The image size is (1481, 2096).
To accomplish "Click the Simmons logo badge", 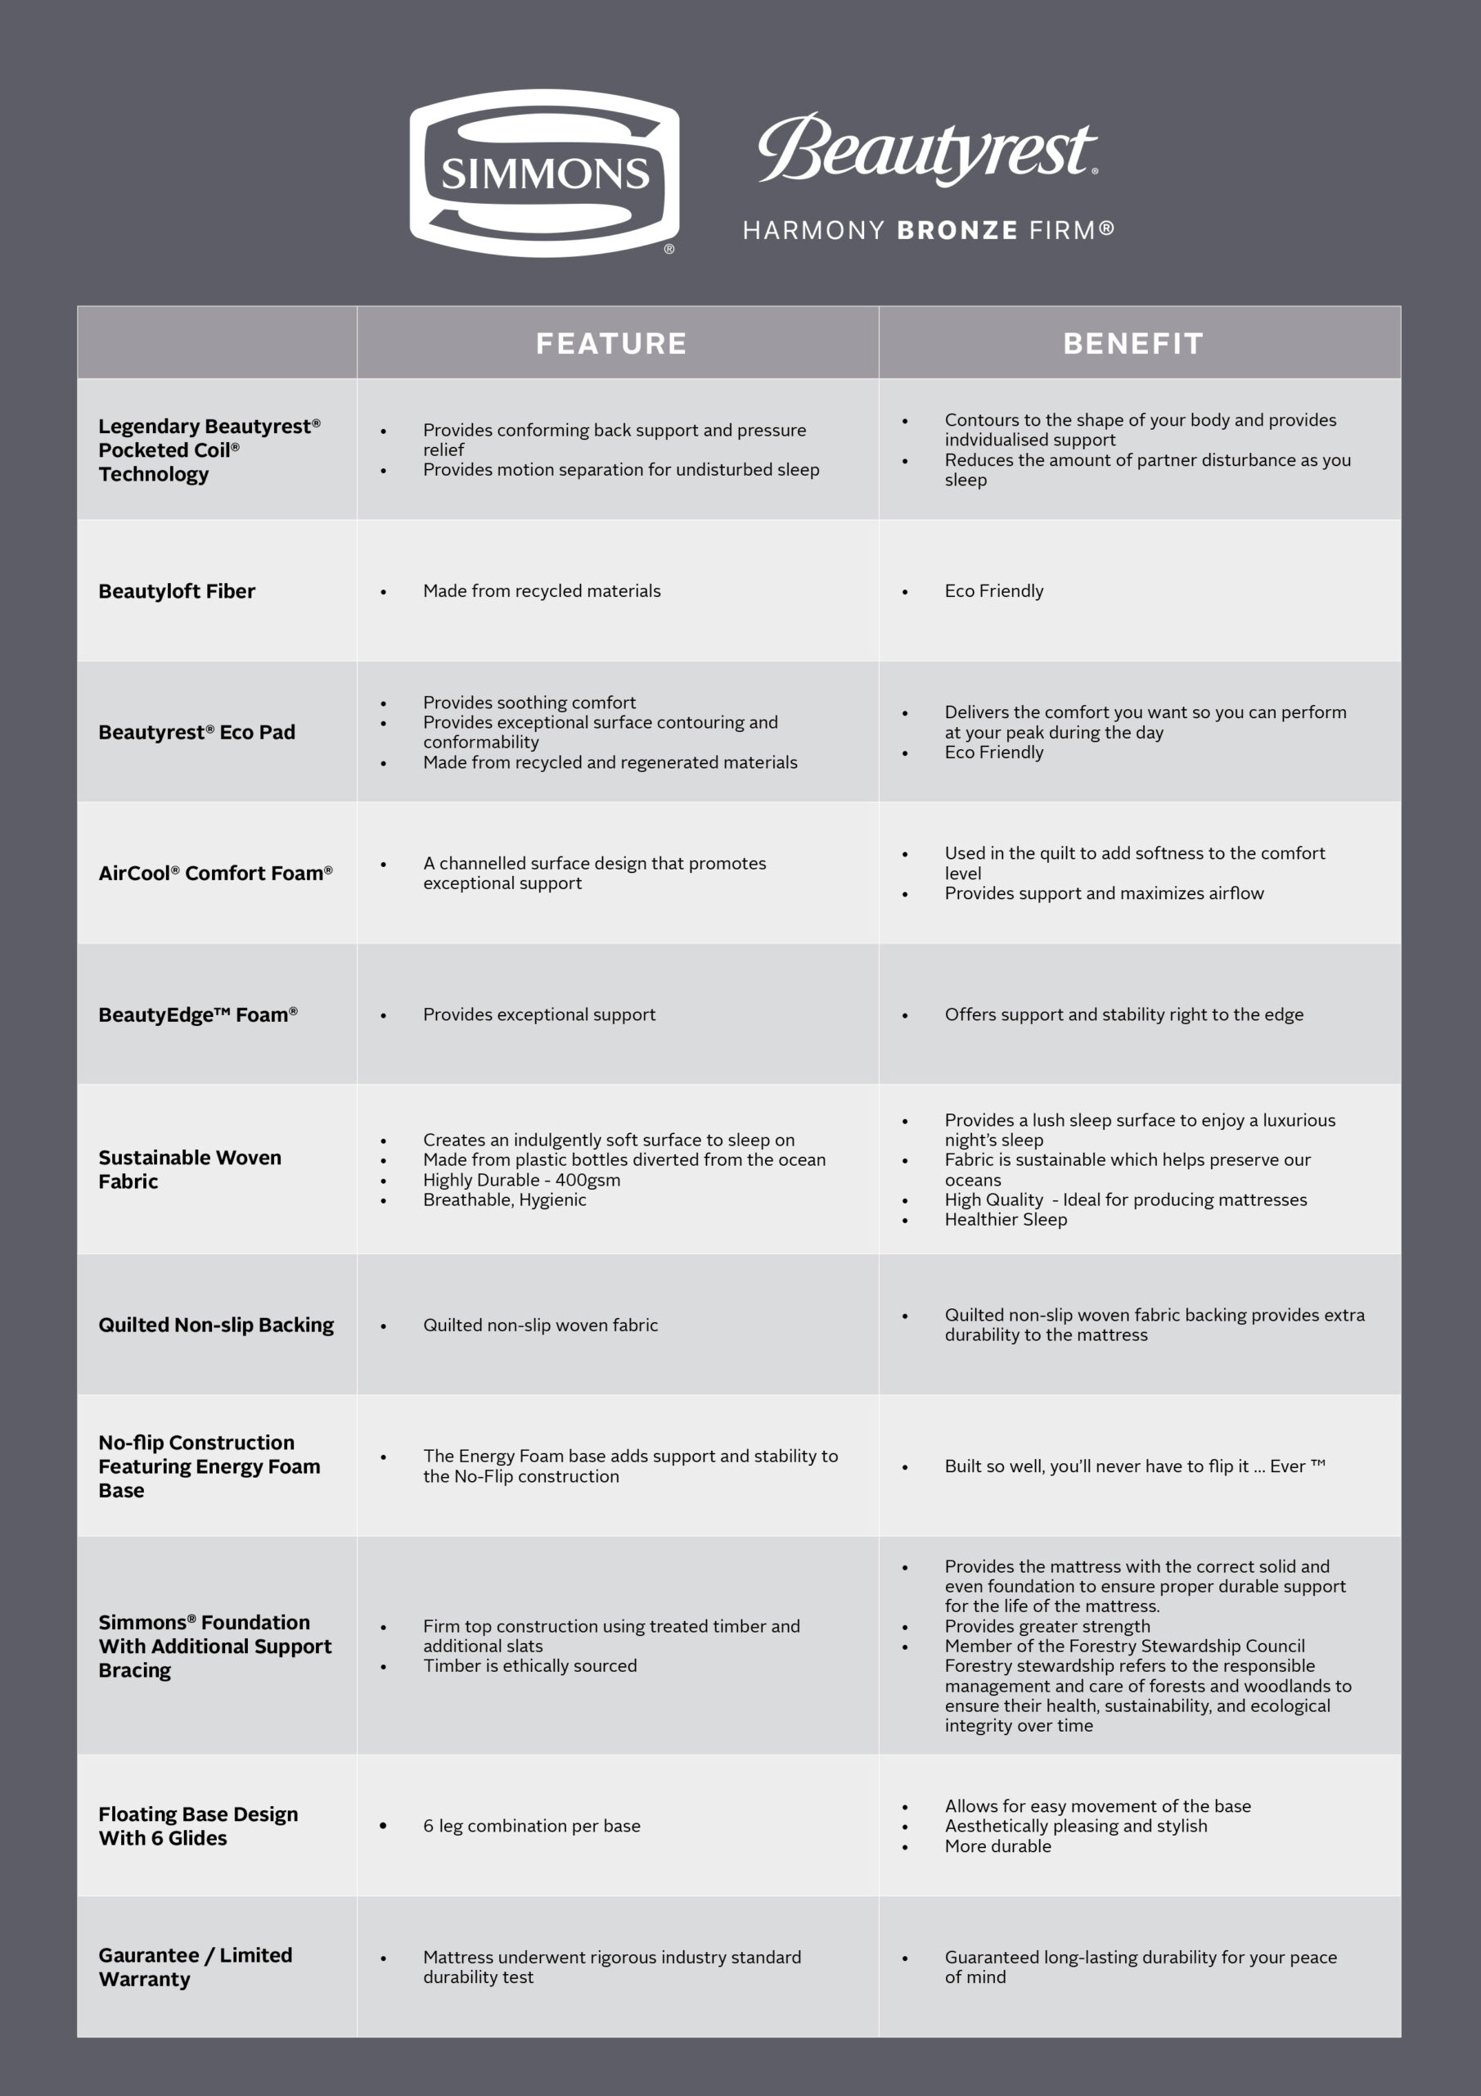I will pyautogui.click(x=544, y=173).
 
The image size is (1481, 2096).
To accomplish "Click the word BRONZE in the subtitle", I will pyautogui.click(x=957, y=230).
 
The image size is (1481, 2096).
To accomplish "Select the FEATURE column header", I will pyautogui.click(x=611, y=343).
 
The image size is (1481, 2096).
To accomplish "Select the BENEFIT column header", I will pyautogui.click(x=1133, y=343).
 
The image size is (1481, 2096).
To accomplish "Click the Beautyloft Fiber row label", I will pyautogui.click(x=177, y=592).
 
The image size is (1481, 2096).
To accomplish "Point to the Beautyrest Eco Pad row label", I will pyautogui.click(x=197, y=732).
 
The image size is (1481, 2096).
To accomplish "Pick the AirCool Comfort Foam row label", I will pyautogui.click(x=215, y=874).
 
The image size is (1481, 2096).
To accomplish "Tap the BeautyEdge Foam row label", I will pyautogui.click(x=198, y=1015).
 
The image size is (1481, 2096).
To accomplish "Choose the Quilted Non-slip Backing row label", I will pyautogui.click(x=216, y=1325).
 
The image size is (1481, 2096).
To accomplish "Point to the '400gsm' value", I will pyautogui.click(x=587, y=1181).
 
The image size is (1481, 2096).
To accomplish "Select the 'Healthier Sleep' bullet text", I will pyautogui.click(x=1006, y=1220).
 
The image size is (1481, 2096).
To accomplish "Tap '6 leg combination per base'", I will pyautogui.click(x=532, y=1826).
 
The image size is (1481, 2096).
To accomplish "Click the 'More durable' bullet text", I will pyautogui.click(x=998, y=1845).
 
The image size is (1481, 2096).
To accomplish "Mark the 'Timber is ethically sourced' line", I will pyautogui.click(x=530, y=1665).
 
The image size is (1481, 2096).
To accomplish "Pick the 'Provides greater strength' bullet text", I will pyautogui.click(x=1047, y=1626).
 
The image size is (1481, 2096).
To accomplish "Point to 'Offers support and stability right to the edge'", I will pyautogui.click(x=1124, y=1015).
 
